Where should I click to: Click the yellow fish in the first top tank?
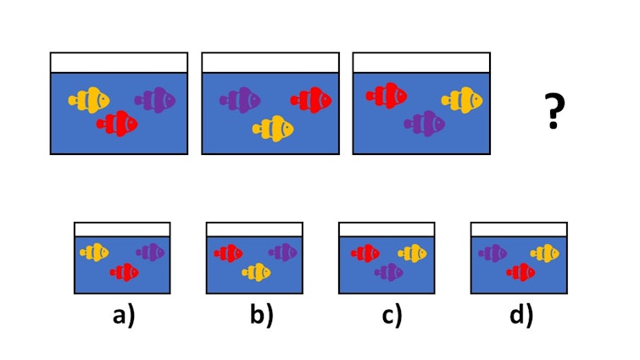click(x=89, y=100)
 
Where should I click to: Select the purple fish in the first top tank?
click(x=155, y=100)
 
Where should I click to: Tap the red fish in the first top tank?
click(x=117, y=124)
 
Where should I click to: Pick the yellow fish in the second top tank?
click(x=273, y=129)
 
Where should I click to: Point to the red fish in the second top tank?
click(x=311, y=100)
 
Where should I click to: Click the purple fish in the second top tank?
click(x=240, y=100)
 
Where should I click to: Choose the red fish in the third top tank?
click(x=387, y=96)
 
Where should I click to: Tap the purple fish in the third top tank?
click(x=425, y=124)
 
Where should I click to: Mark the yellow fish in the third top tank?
click(x=462, y=100)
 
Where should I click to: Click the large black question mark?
click(x=554, y=111)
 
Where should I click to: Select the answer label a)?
click(x=124, y=315)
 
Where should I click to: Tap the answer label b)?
click(x=262, y=315)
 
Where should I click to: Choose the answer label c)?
click(x=392, y=315)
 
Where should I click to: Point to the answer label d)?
click(x=521, y=315)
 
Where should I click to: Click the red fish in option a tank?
click(x=125, y=273)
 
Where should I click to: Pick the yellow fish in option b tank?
click(x=256, y=273)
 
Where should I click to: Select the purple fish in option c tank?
click(x=389, y=273)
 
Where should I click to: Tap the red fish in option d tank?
click(x=520, y=273)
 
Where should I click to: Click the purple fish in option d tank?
click(x=493, y=253)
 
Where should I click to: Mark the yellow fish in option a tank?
click(x=94, y=252)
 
